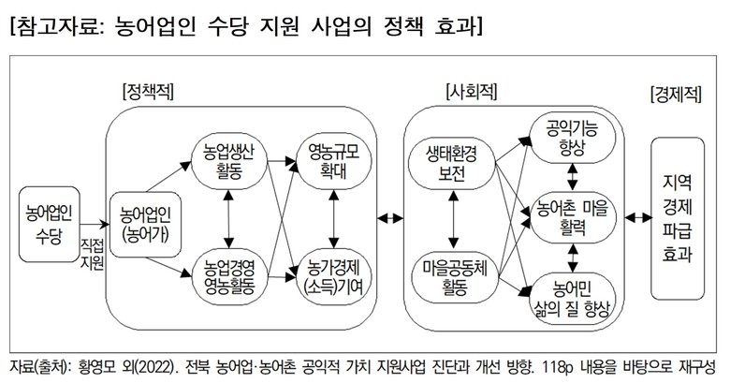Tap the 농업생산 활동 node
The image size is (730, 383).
click(x=229, y=161)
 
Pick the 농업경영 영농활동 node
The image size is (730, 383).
click(x=229, y=278)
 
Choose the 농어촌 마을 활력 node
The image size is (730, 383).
click(x=571, y=216)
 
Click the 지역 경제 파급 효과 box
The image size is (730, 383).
click(x=678, y=216)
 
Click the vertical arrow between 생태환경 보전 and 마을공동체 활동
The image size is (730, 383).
click(x=453, y=220)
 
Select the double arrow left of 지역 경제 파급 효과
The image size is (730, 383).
click(x=638, y=218)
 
